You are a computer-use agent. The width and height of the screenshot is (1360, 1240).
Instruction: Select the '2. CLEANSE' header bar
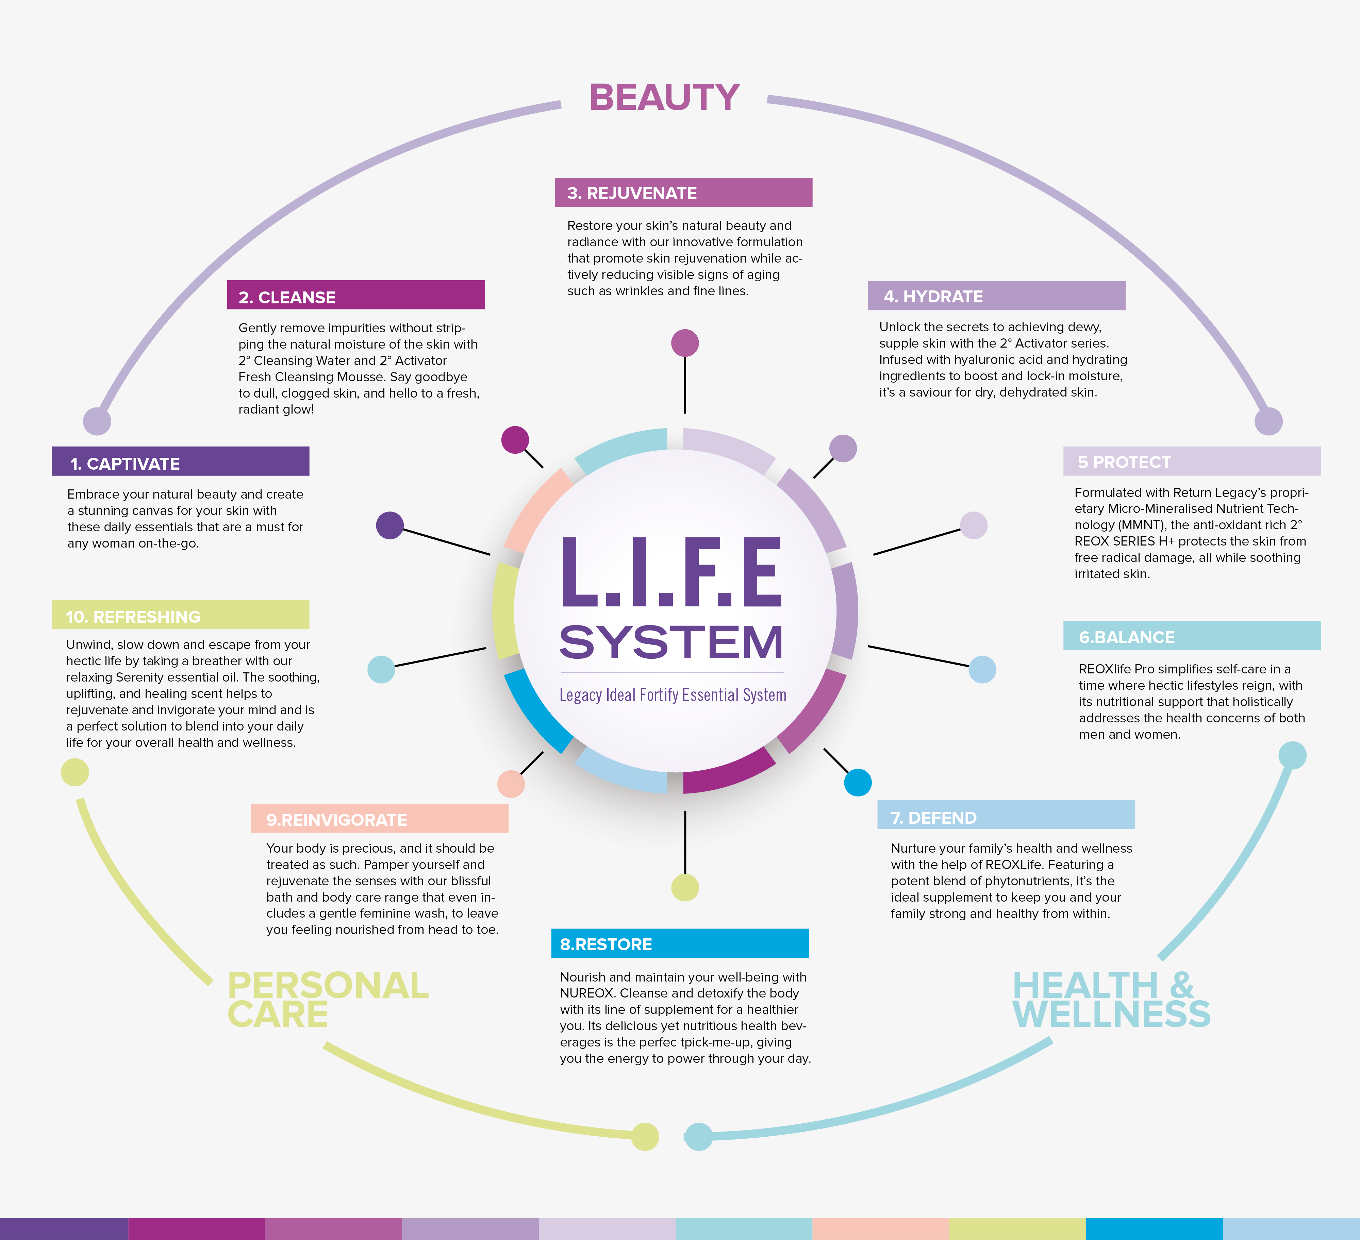point(355,295)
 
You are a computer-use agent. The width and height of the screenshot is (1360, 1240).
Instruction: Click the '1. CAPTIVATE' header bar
point(180,462)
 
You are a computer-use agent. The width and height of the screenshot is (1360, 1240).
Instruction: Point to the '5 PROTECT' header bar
point(1191,461)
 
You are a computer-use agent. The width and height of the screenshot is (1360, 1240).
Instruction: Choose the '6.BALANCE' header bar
point(1191,636)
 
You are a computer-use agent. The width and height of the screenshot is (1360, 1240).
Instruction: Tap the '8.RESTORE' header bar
point(679,943)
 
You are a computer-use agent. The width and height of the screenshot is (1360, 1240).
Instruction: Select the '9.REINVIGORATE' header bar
point(379,819)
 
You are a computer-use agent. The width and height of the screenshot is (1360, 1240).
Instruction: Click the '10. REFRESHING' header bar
point(180,615)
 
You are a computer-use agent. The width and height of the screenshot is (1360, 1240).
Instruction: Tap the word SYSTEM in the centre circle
point(671,642)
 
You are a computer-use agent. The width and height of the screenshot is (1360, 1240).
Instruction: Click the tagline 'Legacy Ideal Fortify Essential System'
point(673,694)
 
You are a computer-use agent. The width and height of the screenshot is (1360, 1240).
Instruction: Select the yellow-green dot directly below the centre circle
point(685,887)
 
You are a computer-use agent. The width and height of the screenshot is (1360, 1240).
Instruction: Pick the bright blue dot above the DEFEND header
point(858,782)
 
